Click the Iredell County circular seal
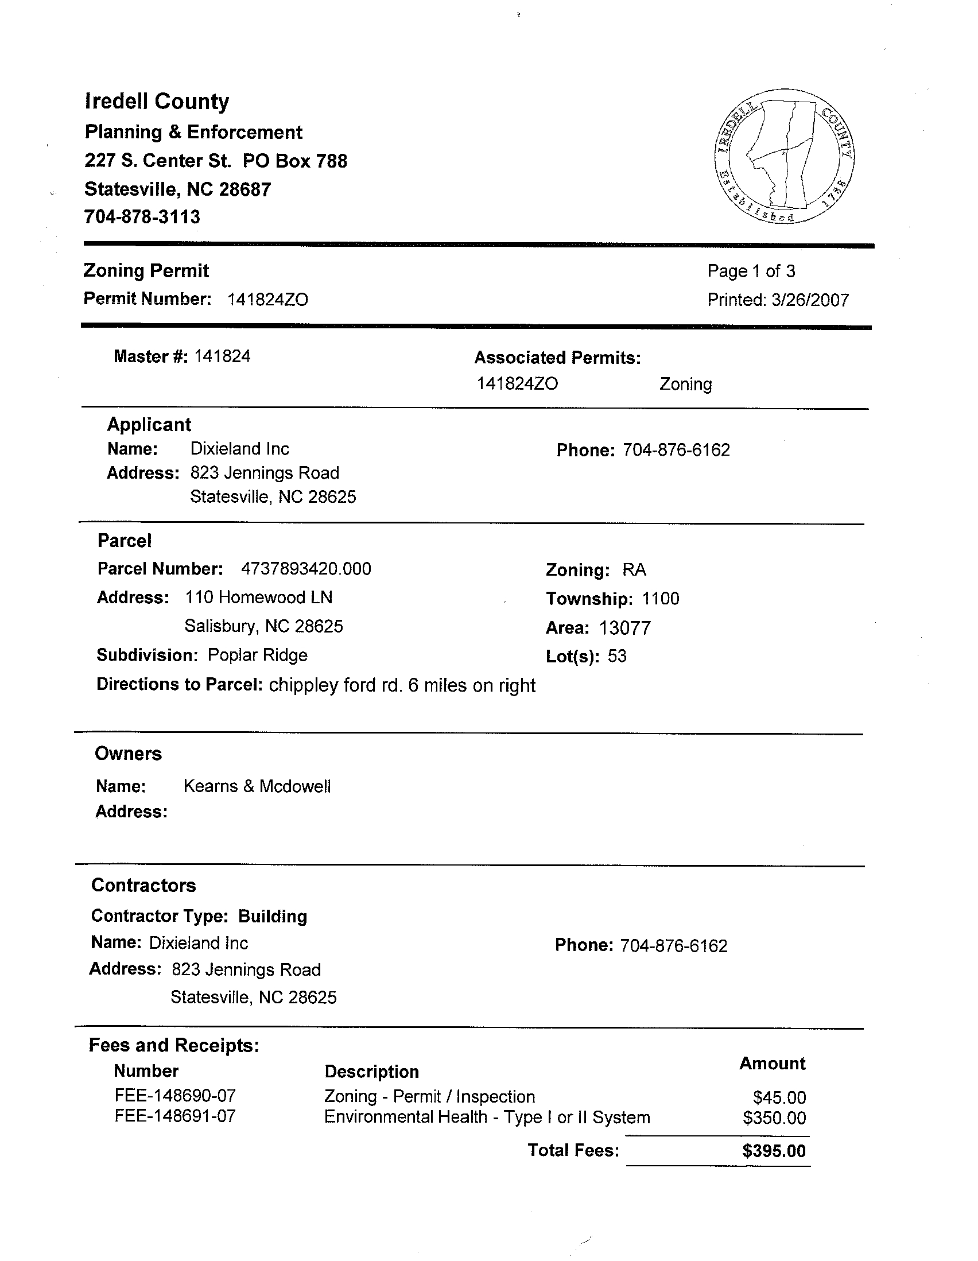(784, 157)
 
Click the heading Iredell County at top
(157, 102)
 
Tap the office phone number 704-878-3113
(142, 217)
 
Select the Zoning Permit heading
(146, 271)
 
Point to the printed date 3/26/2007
(810, 300)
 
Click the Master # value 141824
(222, 356)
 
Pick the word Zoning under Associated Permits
(685, 385)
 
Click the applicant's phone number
(676, 450)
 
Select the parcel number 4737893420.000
(306, 569)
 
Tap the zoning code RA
(634, 571)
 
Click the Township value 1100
(661, 599)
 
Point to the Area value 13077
(624, 627)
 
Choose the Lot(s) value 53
(616, 657)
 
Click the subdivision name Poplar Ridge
(258, 655)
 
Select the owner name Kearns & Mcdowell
(257, 786)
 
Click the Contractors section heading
(143, 886)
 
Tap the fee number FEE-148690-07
(176, 1096)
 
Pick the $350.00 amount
(774, 1119)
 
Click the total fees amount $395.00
(774, 1151)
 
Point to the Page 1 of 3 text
(751, 271)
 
